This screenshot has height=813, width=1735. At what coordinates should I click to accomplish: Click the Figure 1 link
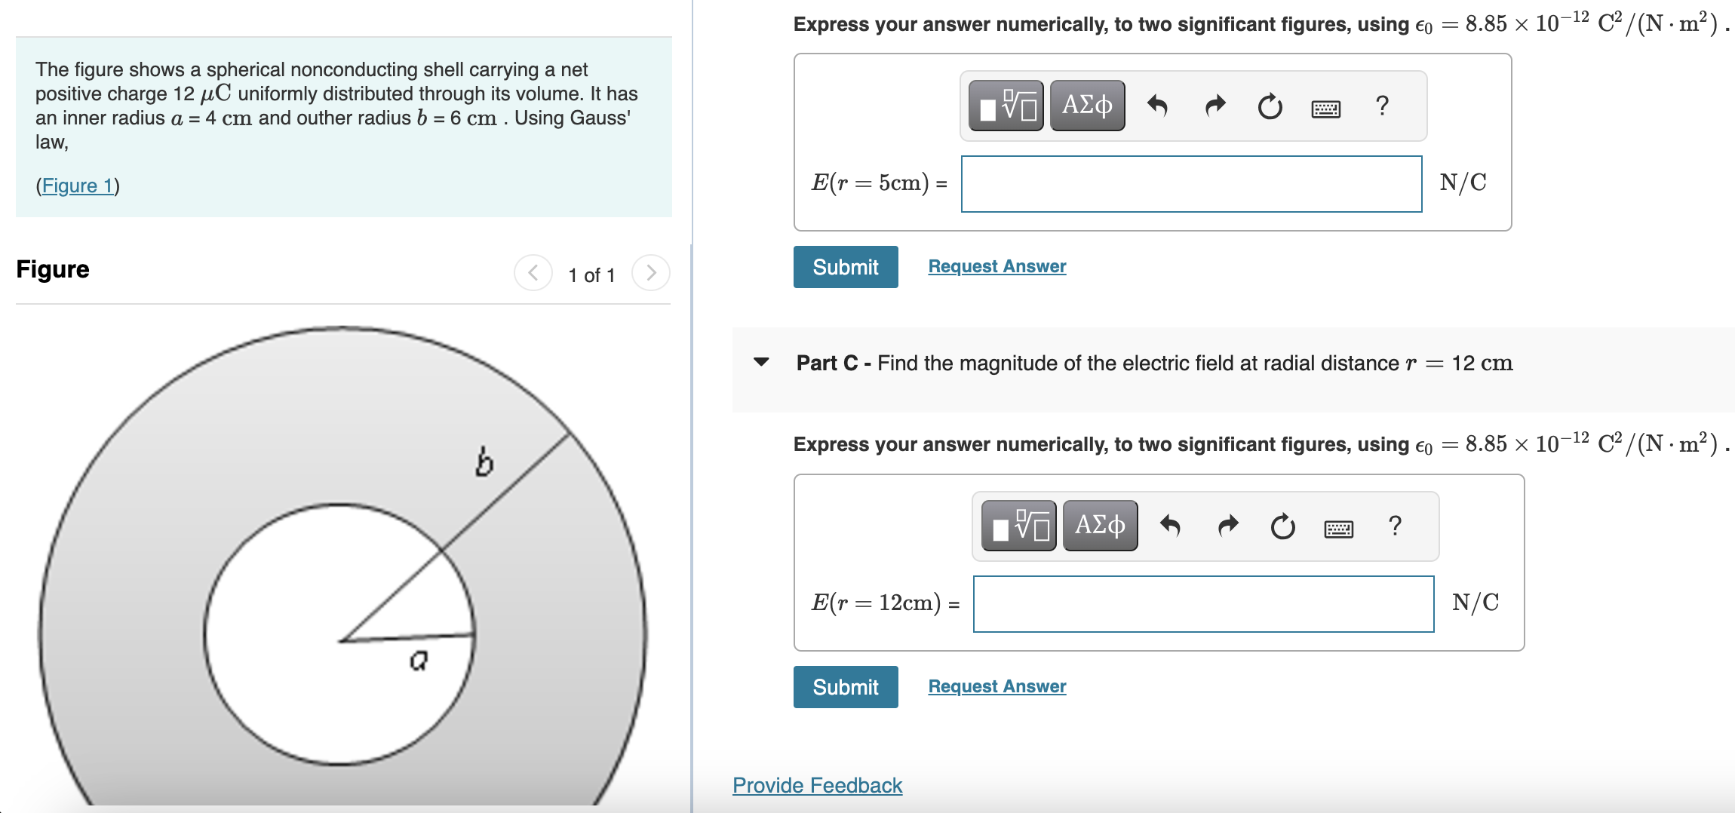[x=78, y=186]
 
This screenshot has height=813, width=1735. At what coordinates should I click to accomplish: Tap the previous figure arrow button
[x=533, y=273]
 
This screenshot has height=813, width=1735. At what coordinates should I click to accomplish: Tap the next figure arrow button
[x=650, y=273]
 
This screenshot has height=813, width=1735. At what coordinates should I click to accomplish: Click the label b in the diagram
[x=484, y=462]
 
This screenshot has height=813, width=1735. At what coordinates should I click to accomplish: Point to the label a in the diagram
[x=419, y=661]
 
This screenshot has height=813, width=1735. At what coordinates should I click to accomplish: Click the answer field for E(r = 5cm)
[x=1191, y=184]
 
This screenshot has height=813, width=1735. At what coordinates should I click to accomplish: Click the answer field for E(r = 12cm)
[x=1203, y=604]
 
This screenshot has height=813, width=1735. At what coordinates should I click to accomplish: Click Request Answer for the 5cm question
[x=996, y=266]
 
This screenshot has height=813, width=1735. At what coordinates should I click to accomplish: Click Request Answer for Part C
[x=996, y=686]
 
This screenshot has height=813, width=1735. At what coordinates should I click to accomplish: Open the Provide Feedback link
[x=817, y=785]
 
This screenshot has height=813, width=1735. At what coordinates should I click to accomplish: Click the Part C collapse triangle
[x=761, y=362]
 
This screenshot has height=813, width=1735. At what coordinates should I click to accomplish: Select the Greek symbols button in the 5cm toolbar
[x=1087, y=106]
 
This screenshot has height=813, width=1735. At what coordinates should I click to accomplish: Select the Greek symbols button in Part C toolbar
[x=1100, y=526]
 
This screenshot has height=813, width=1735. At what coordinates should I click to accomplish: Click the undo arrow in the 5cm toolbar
[x=1157, y=106]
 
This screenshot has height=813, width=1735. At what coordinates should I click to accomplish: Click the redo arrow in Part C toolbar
[x=1228, y=526]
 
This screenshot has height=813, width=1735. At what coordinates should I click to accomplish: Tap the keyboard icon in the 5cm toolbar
[x=1325, y=109]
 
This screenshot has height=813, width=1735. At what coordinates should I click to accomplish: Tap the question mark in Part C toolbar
[x=1395, y=526]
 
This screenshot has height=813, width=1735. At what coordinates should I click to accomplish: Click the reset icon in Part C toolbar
[x=1282, y=526]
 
